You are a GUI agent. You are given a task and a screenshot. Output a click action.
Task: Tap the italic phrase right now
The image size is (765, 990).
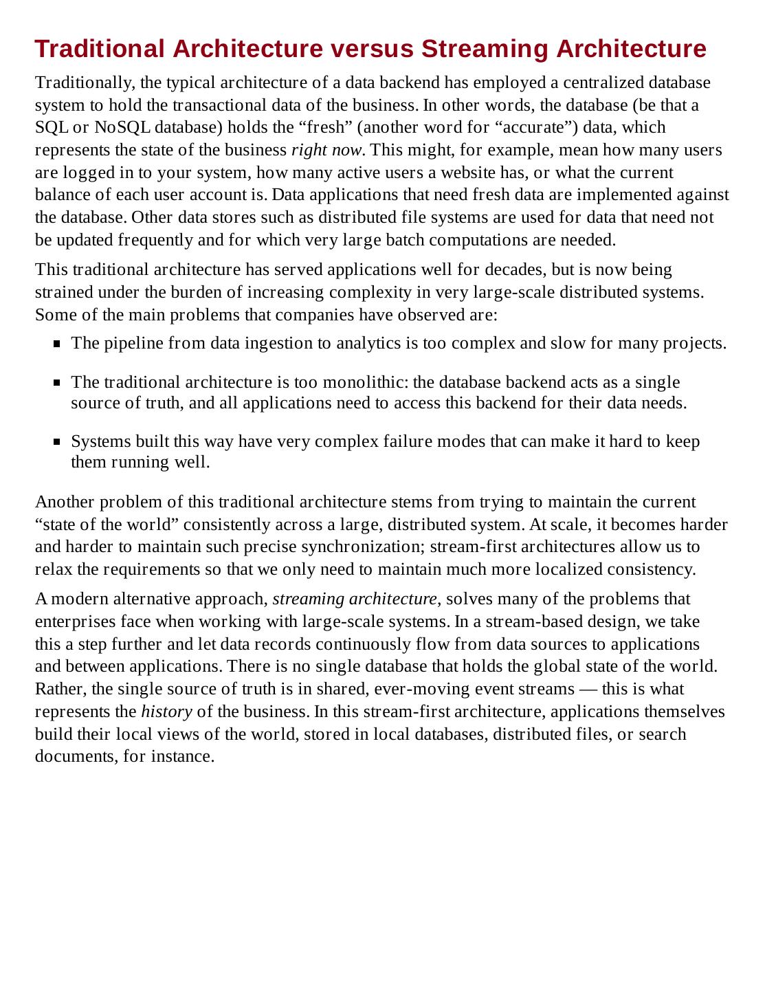326,150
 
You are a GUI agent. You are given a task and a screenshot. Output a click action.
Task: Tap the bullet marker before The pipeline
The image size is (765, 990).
58,344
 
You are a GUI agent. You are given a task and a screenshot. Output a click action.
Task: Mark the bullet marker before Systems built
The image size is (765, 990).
58,442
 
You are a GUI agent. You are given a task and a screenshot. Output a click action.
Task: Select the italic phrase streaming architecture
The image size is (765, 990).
355,599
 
